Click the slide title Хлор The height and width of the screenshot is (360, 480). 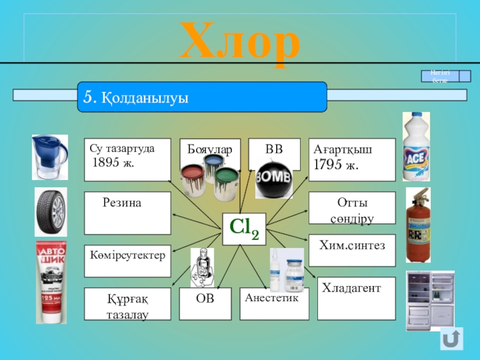(x=240, y=41)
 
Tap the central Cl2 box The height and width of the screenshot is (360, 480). (x=244, y=229)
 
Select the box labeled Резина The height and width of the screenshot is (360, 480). (x=127, y=213)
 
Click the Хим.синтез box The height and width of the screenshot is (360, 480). (x=352, y=250)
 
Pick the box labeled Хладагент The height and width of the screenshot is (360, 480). (x=356, y=298)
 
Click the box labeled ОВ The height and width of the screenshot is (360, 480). (x=205, y=303)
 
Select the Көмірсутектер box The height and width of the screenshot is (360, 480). (x=127, y=261)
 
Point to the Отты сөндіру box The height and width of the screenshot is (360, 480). (x=352, y=208)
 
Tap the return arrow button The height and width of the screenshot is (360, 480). (x=452, y=338)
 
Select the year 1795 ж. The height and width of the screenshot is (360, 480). (x=336, y=164)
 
